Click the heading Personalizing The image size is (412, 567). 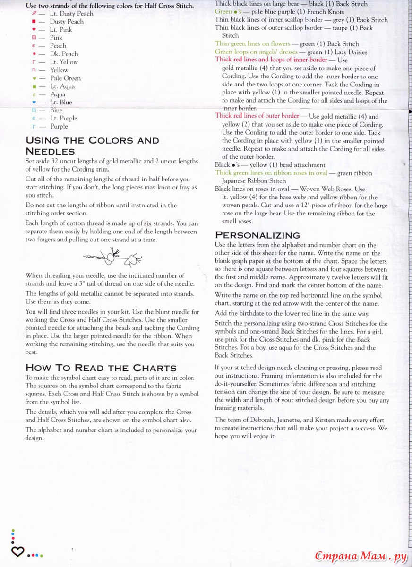[257, 235]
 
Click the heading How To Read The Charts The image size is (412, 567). [101, 368]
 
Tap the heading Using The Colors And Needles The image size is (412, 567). [92, 146]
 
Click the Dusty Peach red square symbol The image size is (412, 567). [34, 22]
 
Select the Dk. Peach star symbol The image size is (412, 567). [34, 54]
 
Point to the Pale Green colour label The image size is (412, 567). [65, 78]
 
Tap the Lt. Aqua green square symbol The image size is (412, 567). [34, 86]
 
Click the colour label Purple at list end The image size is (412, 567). [59, 127]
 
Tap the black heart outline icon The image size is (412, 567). [17, 551]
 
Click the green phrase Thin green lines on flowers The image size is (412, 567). [252, 44]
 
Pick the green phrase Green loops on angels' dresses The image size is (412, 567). [256, 52]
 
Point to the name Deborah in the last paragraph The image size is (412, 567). [265, 420]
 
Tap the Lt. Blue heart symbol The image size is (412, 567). [34, 103]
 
